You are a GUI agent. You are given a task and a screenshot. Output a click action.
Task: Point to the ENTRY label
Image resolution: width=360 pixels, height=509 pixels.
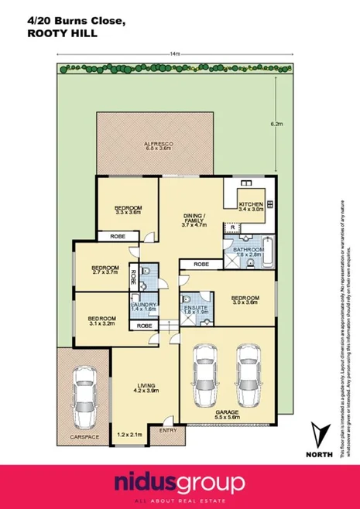tap(167, 430)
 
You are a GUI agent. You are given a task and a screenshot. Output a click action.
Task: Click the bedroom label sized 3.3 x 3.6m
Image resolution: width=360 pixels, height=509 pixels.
tap(128, 209)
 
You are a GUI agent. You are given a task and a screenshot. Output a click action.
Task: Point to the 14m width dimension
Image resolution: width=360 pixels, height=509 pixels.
tap(175, 54)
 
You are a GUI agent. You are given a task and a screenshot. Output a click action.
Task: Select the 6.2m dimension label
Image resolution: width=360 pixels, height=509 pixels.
tap(276, 123)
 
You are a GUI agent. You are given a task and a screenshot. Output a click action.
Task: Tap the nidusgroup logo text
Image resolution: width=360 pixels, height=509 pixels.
tap(180, 483)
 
